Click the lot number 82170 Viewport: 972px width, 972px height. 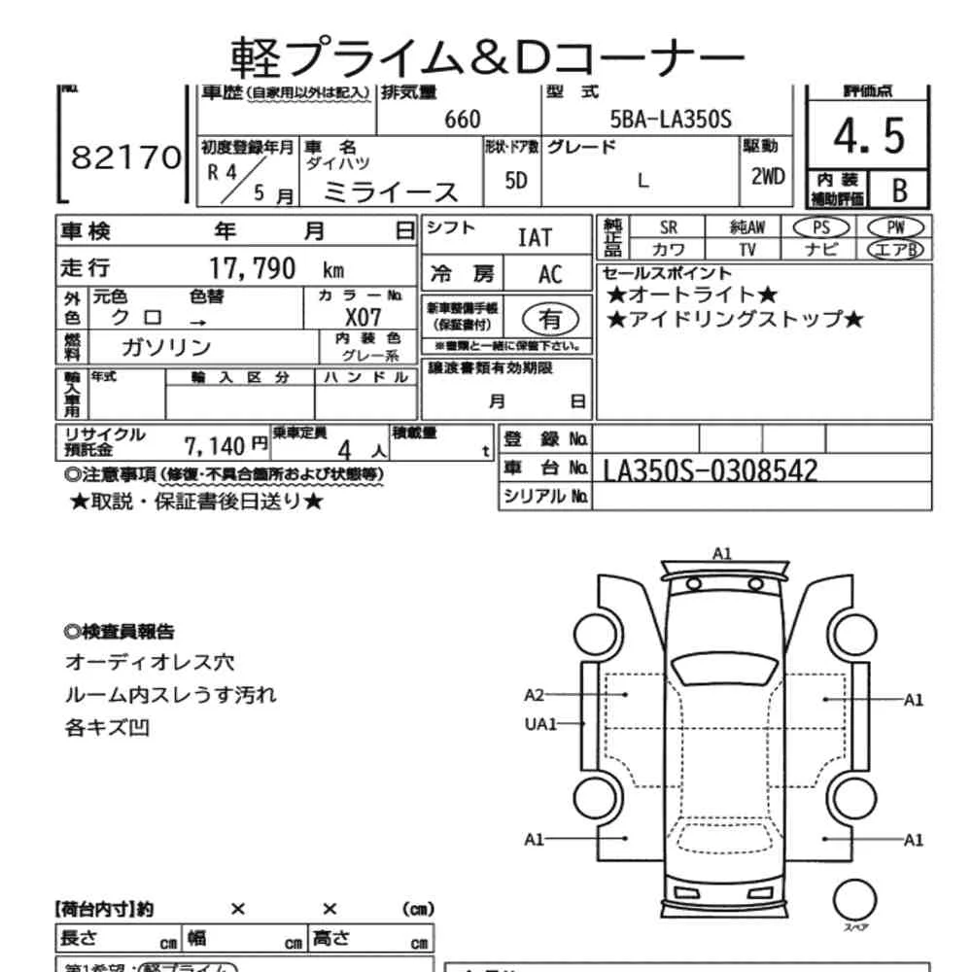126,157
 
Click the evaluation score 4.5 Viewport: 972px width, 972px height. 868,137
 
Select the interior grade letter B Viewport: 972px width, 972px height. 898,190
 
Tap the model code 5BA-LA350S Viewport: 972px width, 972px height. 670,120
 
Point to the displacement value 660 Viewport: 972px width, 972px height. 462,120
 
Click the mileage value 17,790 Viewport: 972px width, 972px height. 253,268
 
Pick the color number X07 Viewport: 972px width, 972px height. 364,317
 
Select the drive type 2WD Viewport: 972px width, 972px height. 767,178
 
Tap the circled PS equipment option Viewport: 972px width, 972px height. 821,226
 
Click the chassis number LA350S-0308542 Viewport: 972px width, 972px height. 711,470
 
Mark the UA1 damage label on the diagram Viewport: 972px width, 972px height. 540,723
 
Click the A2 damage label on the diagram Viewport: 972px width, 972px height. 535,695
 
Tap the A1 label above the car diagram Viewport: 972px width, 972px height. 721,553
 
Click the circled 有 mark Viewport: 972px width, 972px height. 550,318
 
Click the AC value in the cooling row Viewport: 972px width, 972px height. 550,274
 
